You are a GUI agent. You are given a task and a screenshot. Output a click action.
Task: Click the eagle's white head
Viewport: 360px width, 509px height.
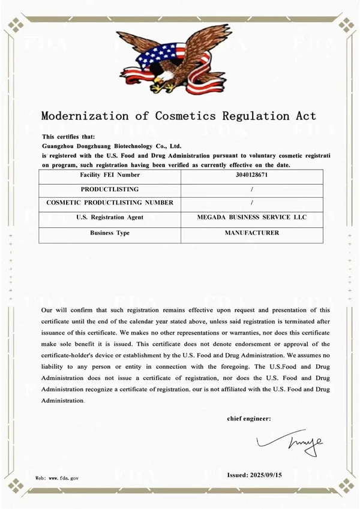tap(160, 77)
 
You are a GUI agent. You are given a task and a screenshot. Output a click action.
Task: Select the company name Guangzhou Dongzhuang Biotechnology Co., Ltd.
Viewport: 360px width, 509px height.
tap(112, 146)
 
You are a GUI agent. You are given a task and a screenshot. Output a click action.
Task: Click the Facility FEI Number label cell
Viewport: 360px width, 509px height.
tap(110, 175)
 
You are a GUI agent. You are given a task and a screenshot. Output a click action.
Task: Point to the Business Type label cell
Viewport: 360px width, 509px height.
tap(110, 233)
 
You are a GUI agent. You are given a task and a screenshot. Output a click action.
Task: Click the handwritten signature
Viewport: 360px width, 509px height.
tap(290, 442)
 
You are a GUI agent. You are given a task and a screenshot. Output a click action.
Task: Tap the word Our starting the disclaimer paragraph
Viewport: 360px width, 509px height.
tap(47, 310)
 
